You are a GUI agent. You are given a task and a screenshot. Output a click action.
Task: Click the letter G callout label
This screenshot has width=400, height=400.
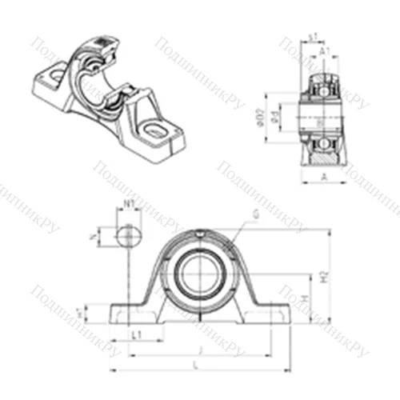tap(254, 214)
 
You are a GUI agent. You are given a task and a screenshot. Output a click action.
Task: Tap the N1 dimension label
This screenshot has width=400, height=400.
tap(128, 204)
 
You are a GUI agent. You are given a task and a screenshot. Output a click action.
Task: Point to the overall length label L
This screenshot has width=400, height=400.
tap(198, 364)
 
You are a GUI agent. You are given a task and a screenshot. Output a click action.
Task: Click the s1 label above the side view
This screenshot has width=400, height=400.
tap(314, 36)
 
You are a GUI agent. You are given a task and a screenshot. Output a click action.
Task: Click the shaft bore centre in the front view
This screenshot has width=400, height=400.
tap(197, 273)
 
